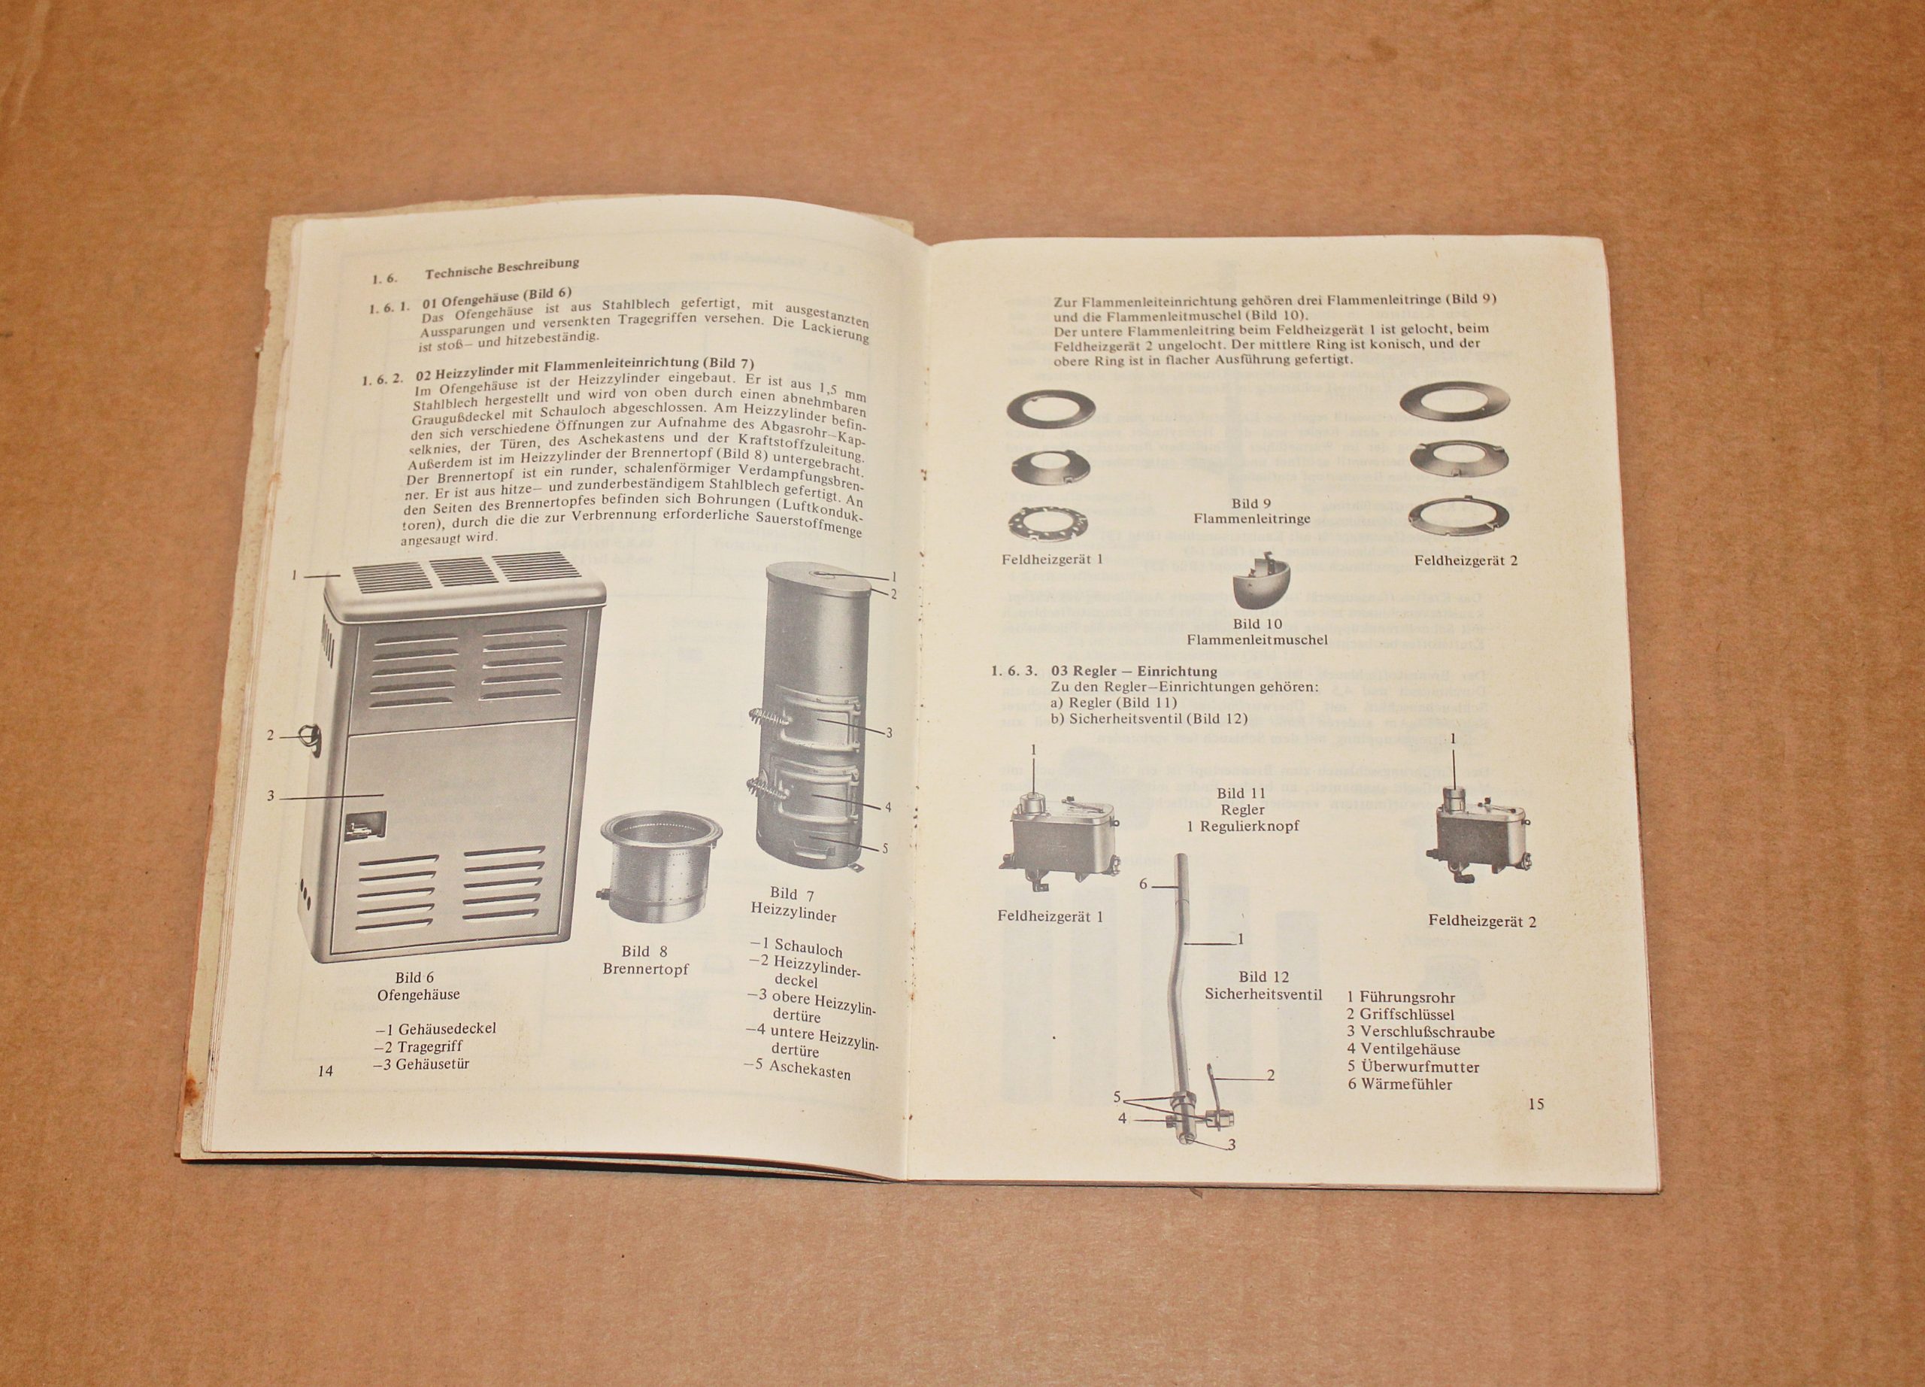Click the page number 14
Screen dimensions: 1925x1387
pos(325,1071)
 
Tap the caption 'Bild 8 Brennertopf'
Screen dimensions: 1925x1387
pos(646,960)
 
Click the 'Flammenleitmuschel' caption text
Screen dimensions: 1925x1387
pos(1257,640)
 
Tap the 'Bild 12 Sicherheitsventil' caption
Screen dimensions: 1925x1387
pos(1263,985)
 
